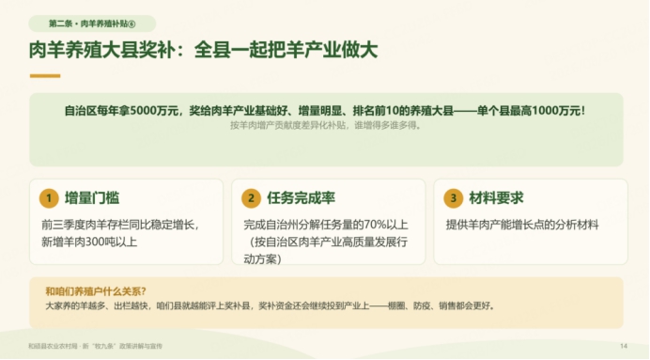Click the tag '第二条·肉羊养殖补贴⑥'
tap(92, 23)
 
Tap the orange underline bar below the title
tap(45, 76)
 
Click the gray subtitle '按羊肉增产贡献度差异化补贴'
tap(287, 125)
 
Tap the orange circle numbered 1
tap(49, 198)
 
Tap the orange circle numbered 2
tap(251, 198)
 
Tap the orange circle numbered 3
tap(453, 198)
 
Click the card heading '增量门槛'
tap(92, 198)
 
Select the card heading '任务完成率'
tap(301, 198)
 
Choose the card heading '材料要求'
tap(496, 198)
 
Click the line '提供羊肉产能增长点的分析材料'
tap(522, 225)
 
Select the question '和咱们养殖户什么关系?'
tap(96, 291)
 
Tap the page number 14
tap(624, 346)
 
